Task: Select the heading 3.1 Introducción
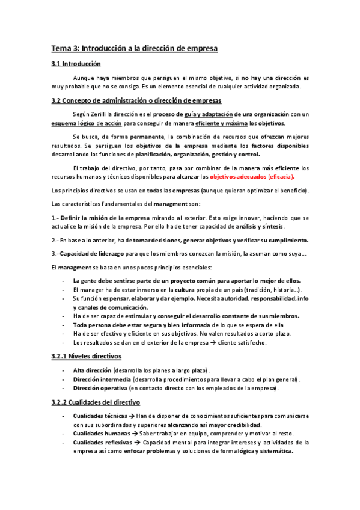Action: pyautogui.click(x=76, y=64)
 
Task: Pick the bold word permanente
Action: pyautogui.click(x=147, y=137)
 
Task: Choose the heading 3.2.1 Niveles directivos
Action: pyautogui.click(x=87, y=356)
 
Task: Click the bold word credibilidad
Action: pyautogui.click(x=232, y=425)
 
